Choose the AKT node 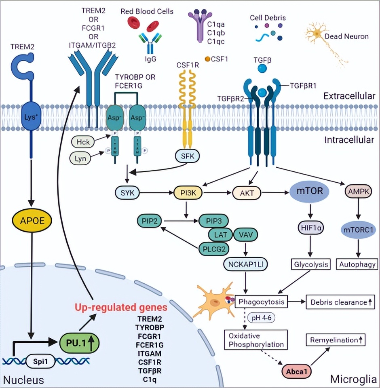point(247,193)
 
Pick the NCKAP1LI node point(245,265)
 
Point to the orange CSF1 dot point(207,59)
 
